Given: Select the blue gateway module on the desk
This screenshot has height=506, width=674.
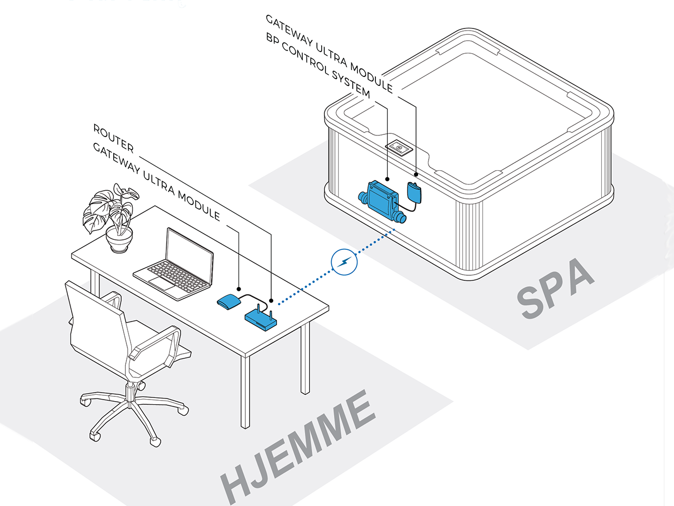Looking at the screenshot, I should coord(229,301).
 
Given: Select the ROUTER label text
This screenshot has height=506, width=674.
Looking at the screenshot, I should coord(113,138).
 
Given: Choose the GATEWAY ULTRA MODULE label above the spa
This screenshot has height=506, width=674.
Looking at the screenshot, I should coord(330,53).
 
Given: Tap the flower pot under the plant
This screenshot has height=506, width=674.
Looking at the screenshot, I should coord(119,241).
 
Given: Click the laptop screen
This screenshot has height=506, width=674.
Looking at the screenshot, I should coord(190,255).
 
